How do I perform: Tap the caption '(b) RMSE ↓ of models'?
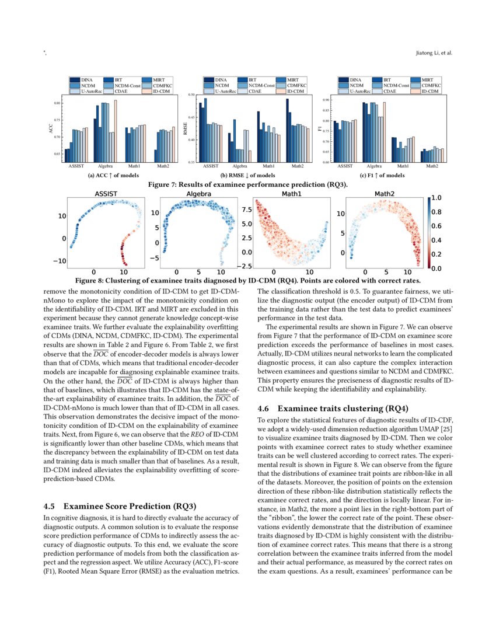coord(248,175)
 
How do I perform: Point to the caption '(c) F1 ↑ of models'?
coord(382,175)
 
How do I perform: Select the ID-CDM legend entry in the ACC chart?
coord(163,92)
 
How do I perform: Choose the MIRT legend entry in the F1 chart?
coord(427,79)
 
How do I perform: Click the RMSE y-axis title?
coord(186,128)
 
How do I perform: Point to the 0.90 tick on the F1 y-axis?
coord(325,100)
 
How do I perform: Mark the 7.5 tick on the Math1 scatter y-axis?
coord(246,209)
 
